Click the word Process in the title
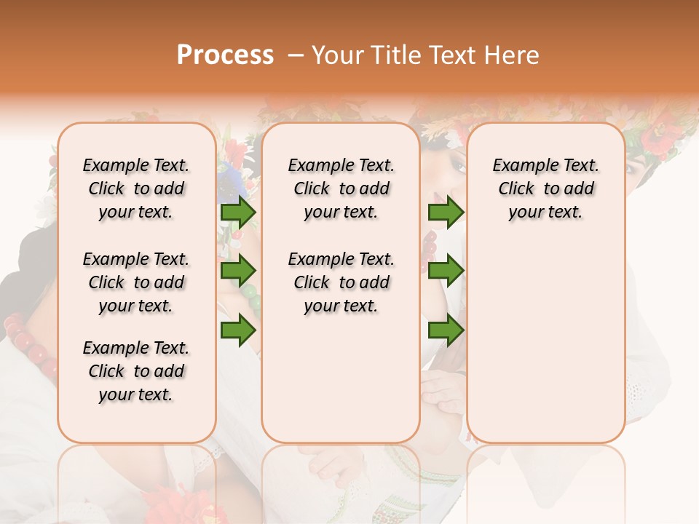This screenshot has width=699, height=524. click(225, 55)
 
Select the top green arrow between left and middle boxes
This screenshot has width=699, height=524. click(238, 213)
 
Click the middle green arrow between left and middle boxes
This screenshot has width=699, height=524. click(238, 271)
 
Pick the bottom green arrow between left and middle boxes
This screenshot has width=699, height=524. click(238, 330)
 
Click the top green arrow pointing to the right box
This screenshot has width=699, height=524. click(446, 213)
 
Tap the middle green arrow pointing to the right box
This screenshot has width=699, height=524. click(446, 271)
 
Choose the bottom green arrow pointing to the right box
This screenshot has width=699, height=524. click(446, 330)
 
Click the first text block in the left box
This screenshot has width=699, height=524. click(136, 188)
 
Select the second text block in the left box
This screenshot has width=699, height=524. click(136, 282)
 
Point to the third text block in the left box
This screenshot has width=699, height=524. click(136, 371)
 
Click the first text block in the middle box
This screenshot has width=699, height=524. click(341, 188)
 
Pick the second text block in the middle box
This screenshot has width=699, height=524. click(341, 282)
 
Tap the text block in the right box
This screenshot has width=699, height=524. click(545, 188)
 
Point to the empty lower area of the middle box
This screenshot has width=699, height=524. click(341, 378)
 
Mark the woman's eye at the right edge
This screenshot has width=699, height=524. click(631, 167)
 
